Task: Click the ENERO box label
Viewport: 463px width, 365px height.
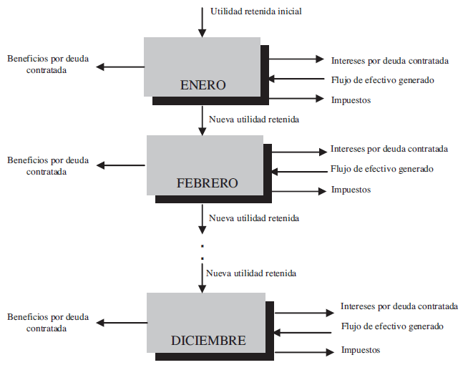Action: coord(203,86)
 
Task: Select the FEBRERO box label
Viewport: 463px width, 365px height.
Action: coord(207,183)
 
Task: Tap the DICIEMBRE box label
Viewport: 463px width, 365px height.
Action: coord(208,341)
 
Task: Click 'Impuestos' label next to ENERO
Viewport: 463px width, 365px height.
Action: coord(351,99)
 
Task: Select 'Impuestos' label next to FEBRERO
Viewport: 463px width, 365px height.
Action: coord(351,190)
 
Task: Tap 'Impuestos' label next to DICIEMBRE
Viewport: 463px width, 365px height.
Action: coord(360,350)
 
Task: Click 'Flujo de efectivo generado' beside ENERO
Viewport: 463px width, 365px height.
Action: coord(382,80)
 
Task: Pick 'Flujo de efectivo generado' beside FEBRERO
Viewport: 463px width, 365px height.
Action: coord(381,170)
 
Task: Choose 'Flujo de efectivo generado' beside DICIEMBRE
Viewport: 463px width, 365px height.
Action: coord(391,326)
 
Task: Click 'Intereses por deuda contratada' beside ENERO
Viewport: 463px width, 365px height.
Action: coord(390,60)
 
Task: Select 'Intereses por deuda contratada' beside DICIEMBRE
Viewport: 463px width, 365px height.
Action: coord(399,306)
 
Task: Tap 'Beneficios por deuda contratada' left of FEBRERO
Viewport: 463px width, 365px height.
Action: coord(48,166)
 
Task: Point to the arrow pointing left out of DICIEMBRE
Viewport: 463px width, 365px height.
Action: coord(122,323)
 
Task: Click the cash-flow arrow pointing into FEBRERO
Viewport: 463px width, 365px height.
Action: coord(299,171)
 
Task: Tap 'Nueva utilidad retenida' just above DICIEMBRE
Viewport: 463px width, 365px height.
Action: coord(250,273)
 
